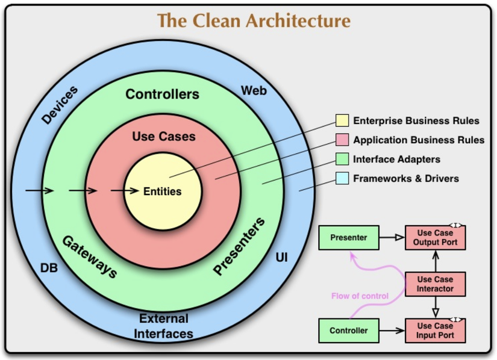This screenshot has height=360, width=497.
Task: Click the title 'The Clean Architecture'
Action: [254, 20]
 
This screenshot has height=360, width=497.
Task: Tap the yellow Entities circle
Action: [163, 192]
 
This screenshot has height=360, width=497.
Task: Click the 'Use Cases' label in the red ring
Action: [164, 137]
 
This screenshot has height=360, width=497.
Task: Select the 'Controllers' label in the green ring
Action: [162, 95]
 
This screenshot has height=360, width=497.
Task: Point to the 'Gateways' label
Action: [90, 256]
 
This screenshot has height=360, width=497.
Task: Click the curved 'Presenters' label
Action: [239, 247]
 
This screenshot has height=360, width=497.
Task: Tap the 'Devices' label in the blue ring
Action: [60, 106]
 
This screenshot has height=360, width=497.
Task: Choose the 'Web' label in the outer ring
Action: [254, 91]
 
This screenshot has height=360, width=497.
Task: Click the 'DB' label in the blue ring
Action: [49, 268]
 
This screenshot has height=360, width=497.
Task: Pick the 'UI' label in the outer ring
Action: [281, 258]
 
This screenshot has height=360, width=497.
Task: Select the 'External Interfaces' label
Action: [163, 326]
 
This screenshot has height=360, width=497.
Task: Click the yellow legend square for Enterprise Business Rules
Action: [342, 121]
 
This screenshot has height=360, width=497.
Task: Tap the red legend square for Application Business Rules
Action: [342, 140]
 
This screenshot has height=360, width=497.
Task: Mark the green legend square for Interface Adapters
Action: [342, 160]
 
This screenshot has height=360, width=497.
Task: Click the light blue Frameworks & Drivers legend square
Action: [342, 179]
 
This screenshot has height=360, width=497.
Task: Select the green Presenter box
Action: [349, 238]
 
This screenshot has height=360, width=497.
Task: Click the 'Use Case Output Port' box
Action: [435, 238]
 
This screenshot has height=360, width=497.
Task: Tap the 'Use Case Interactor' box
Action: [435, 284]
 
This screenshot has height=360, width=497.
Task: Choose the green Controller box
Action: [349, 331]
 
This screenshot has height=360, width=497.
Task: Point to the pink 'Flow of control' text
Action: [360, 296]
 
